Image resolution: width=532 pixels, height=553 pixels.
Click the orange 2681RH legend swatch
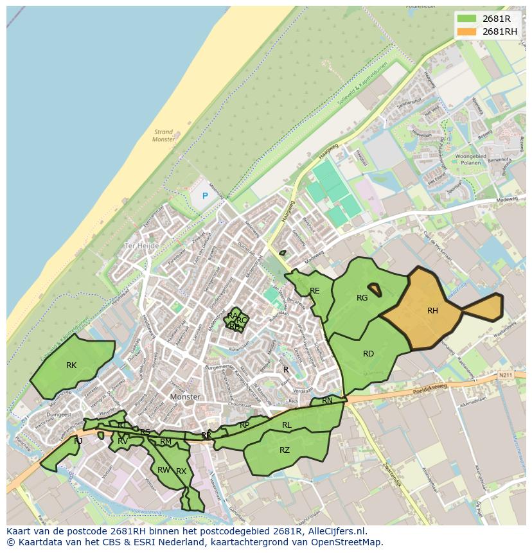click(x=467, y=31)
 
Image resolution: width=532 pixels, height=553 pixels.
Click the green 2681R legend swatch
click(x=467, y=19)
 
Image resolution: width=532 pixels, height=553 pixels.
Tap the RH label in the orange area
click(x=432, y=311)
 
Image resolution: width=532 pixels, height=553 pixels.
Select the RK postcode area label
click(x=71, y=365)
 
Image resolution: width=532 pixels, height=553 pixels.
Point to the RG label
click(x=362, y=298)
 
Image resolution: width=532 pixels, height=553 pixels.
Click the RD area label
click(x=368, y=354)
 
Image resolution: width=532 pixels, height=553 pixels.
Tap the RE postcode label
click(x=315, y=291)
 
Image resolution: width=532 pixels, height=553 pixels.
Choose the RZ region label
click(x=285, y=450)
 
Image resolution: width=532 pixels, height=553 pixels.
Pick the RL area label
click(x=287, y=425)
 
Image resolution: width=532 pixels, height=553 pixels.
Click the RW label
click(x=163, y=470)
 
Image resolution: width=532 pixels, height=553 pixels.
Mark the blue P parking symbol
click(x=206, y=196)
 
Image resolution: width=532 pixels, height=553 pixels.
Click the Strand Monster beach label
click(x=163, y=136)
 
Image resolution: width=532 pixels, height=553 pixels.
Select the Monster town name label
click(x=186, y=397)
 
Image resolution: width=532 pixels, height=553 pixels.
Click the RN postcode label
click(x=328, y=401)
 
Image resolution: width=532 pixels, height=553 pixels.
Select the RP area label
click(x=244, y=425)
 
